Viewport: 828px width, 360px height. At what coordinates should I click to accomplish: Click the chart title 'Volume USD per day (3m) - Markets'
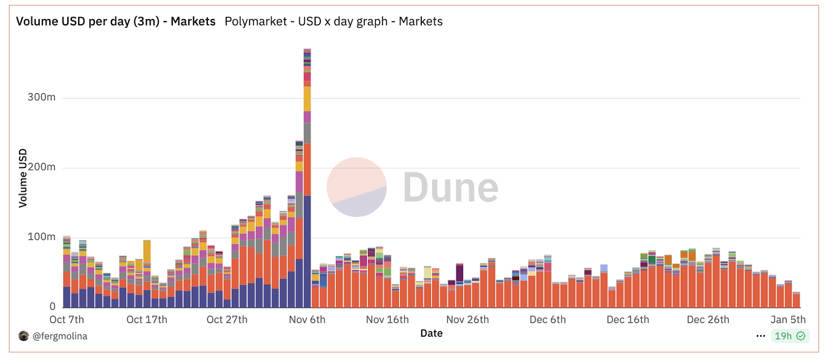click(x=115, y=21)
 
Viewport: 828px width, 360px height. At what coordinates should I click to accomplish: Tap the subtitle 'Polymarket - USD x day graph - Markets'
click(x=333, y=21)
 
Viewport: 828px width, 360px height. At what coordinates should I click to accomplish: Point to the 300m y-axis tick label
click(x=41, y=97)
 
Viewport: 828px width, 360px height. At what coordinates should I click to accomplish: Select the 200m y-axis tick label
click(x=41, y=167)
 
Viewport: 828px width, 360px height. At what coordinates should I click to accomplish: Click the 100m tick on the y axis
click(x=41, y=237)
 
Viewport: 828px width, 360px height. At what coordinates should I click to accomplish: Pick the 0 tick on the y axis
click(x=52, y=307)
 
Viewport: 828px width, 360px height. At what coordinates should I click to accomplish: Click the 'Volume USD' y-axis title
click(x=23, y=178)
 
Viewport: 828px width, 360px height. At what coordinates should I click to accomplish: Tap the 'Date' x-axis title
click(x=431, y=333)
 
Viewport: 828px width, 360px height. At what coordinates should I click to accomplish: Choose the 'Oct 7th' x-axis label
click(x=66, y=320)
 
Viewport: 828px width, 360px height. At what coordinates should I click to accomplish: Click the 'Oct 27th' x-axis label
click(x=227, y=320)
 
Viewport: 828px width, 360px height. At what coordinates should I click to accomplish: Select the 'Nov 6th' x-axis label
click(x=307, y=320)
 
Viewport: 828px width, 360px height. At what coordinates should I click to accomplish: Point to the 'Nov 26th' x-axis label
click(x=467, y=320)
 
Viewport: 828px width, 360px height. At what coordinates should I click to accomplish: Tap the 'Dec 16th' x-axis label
click(x=628, y=320)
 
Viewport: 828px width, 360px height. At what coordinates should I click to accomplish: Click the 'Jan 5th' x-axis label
click(x=788, y=320)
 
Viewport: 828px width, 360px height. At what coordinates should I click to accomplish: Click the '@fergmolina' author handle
click(x=60, y=336)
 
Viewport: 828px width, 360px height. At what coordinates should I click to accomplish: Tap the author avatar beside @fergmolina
click(x=23, y=336)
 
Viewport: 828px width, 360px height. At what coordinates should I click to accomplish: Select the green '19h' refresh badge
click(x=789, y=336)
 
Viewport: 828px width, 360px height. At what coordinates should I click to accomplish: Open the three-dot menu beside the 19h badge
click(x=760, y=336)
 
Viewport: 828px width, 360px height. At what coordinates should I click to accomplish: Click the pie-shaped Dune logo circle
click(x=357, y=187)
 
